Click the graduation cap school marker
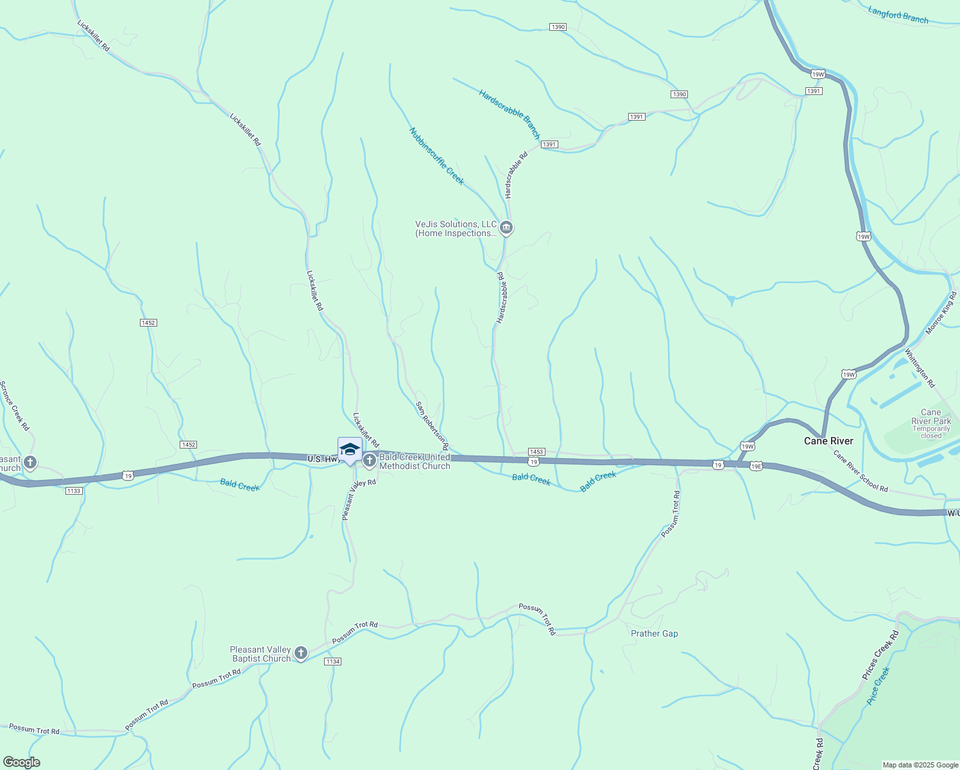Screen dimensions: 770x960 click(350, 449)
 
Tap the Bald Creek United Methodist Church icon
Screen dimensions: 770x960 click(370, 460)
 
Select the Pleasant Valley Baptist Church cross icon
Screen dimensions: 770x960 click(301, 654)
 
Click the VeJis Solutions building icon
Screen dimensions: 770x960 click(506, 228)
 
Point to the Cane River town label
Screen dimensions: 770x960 click(828, 441)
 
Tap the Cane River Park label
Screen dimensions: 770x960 click(930, 417)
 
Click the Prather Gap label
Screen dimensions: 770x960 click(654, 633)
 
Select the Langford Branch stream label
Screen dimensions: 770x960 click(898, 15)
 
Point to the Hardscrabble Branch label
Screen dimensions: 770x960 click(510, 114)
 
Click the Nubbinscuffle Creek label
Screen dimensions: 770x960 click(436, 156)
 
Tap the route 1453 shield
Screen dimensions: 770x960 click(536, 452)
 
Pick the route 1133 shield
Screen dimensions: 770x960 click(74, 491)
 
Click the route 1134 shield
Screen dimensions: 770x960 click(332, 662)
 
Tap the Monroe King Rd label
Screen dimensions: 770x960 click(941, 314)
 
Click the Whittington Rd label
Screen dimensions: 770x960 click(920, 368)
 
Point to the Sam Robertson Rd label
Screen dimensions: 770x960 click(432, 426)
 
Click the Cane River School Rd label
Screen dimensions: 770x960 click(860, 471)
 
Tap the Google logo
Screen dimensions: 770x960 click(22, 762)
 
